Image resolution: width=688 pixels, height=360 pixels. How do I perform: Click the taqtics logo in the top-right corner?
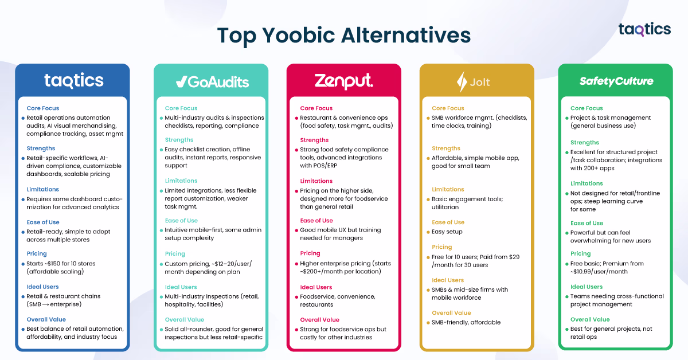coord(644,29)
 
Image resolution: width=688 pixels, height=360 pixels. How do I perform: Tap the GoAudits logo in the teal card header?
coord(212,81)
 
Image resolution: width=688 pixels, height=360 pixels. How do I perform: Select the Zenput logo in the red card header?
coord(343,81)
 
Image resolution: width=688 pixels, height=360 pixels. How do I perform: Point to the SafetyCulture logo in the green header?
coord(616,81)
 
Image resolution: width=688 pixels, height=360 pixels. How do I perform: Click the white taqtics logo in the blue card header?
coord(74,81)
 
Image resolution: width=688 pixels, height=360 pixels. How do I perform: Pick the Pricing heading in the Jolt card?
coord(441,247)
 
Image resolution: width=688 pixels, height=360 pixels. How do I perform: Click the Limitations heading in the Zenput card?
coord(316,181)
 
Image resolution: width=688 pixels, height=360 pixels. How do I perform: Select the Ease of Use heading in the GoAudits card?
coord(181,220)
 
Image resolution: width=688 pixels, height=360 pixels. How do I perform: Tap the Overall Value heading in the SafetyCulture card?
coord(590,319)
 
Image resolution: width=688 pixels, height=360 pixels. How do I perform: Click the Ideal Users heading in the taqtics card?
coord(42,287)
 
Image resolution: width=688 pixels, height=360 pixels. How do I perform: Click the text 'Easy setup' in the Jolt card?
coord(447,232)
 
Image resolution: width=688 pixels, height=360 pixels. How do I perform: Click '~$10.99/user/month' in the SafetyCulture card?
coord(600,272)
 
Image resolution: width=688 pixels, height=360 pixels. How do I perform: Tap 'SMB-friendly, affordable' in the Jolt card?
coord(466,322)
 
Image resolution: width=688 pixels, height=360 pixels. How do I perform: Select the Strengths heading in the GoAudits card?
coord(179,139)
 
